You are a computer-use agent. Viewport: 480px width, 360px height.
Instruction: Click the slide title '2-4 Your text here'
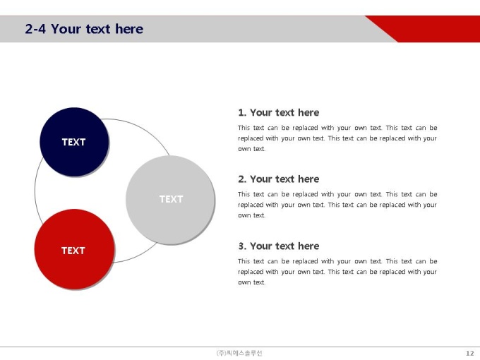(84, 29)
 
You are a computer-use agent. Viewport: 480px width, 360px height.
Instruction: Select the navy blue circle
(74, 142)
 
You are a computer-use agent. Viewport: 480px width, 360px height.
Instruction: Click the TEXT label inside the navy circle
(74, 142)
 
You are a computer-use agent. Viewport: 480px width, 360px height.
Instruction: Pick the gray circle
(170, 200)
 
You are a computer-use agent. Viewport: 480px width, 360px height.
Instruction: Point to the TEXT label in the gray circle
(171, 199)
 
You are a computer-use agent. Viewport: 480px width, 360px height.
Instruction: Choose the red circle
(74, 249)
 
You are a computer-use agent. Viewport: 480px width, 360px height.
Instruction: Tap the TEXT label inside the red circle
(73, 251)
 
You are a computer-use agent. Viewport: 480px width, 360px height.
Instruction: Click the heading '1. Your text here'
(279, 113)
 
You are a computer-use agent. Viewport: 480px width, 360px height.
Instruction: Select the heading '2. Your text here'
(279, 179)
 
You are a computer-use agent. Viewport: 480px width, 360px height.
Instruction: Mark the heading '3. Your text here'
(279, 246)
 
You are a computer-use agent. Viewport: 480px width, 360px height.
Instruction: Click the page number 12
(470, 353)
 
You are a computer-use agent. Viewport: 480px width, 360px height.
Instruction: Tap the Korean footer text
(239, 353)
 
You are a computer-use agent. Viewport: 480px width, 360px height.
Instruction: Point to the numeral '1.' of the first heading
(242, 113)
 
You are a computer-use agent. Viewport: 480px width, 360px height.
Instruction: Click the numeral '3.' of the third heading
(242, 246)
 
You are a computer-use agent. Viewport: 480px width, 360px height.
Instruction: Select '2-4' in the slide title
(35, 29)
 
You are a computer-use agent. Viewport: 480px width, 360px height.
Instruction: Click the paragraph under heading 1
(337, 138)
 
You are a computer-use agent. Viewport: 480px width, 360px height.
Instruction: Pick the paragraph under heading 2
(337, 205)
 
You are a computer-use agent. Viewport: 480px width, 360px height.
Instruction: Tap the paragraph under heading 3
(337, 272)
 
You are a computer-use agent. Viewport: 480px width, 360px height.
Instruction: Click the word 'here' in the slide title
(129, 29)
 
